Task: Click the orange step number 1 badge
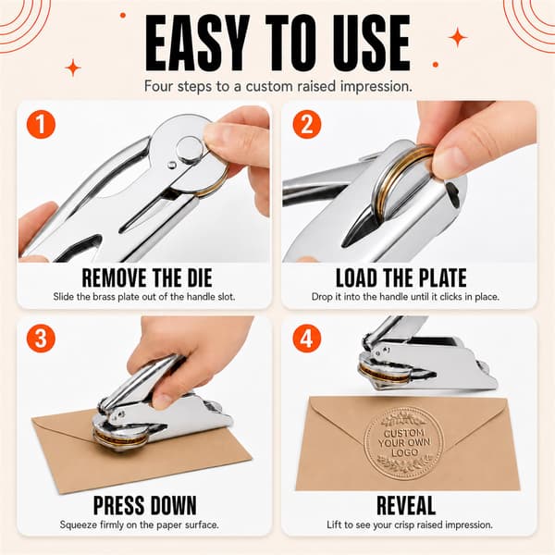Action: click(41, 124)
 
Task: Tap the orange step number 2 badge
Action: click(307, 124)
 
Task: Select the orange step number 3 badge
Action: click(41, 338)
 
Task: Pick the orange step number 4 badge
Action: click(307, 338)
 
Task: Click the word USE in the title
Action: click(371, 43)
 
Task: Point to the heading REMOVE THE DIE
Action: click(147, 277)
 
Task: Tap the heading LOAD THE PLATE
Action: click(401, 277)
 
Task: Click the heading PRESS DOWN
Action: click(145, 505)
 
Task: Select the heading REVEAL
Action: click(406, 505)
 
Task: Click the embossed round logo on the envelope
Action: click(403, 442)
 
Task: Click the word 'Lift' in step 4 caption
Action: click(333, 524)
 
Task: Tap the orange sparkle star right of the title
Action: click(458, 37)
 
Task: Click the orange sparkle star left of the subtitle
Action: click(73, 68)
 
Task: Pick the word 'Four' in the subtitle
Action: click(159, 86)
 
